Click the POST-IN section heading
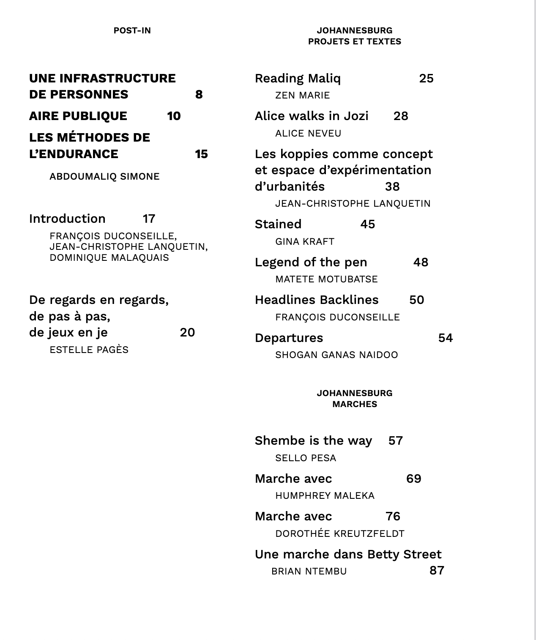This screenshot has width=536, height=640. click(x=132, y=30)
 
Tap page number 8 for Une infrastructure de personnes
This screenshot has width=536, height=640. click(x=199, y=94)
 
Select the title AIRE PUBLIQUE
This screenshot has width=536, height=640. click(x=78, y=116)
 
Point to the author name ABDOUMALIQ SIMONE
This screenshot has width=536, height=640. click(x=104, y=176)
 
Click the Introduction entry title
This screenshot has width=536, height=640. click(x=67, y=219)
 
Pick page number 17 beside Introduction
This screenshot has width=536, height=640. click(x=149, y=219)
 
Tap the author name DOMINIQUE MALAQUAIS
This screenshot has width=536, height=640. click(x=109, y=257)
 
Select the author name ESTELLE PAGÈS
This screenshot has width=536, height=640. click(x=89, y=350)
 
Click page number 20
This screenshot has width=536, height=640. click(x=187, y=332)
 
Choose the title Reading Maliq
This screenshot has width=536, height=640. click(x=298, y=78)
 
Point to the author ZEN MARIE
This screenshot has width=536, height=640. click(x=302, y=96)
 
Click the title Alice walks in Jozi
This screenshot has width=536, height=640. click(x=312, y=116)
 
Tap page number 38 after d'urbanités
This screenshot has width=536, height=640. click(x=392, y=186)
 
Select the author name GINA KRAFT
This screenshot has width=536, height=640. click(x=305, y=241)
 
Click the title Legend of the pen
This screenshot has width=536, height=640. click(x=311, y=262)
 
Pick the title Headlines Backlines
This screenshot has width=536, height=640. click(x=317, y=300)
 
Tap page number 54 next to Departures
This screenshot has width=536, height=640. click(x=445, y=338)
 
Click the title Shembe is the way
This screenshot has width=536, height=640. click(x=313, y=440)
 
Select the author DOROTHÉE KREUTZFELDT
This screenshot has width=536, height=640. click(x=340, y=533)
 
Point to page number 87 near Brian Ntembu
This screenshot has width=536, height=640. click(x=437, y=570)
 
